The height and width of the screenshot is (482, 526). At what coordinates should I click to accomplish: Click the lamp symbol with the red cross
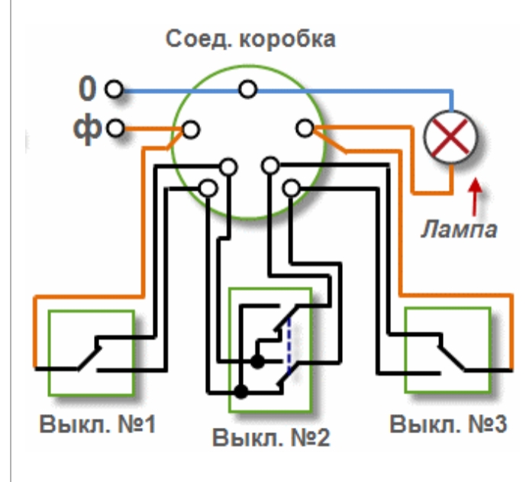(450, 137)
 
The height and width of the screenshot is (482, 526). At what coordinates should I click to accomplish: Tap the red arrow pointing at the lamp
(475, 197)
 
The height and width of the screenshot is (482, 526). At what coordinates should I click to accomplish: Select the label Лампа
(459, 230)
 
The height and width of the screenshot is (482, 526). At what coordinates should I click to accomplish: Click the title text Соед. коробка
(250, 40)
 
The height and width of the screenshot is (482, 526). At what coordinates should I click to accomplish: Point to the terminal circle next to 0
(114, 89)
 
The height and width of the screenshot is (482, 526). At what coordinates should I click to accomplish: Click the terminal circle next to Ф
(115, 128)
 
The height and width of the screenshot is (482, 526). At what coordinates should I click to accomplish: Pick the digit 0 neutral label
(87, 89)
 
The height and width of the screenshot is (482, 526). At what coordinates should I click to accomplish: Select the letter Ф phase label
(87, 128)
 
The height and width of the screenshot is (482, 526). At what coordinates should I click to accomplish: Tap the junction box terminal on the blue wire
(248, 89)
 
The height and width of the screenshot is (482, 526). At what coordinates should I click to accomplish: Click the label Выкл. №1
(98, 424)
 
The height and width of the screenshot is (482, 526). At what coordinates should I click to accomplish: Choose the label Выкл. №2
(271, 438)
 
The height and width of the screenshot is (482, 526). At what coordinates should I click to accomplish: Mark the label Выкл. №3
(448, 424)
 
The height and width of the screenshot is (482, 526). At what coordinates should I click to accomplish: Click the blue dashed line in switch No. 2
(289, 346)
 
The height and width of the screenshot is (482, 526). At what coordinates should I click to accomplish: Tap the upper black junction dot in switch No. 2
(257, 362)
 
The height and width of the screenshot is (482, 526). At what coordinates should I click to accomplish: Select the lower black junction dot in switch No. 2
(240, 391)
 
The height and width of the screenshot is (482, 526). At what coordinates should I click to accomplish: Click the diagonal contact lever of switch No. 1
(89, 359)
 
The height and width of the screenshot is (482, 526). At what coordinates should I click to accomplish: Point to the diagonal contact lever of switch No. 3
(452, 358)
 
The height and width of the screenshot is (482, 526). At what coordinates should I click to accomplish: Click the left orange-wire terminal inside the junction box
(191, 130)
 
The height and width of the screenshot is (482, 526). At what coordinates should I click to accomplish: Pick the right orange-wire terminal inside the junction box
(305, 128)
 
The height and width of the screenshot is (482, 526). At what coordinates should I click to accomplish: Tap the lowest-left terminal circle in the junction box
(208, 189)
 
